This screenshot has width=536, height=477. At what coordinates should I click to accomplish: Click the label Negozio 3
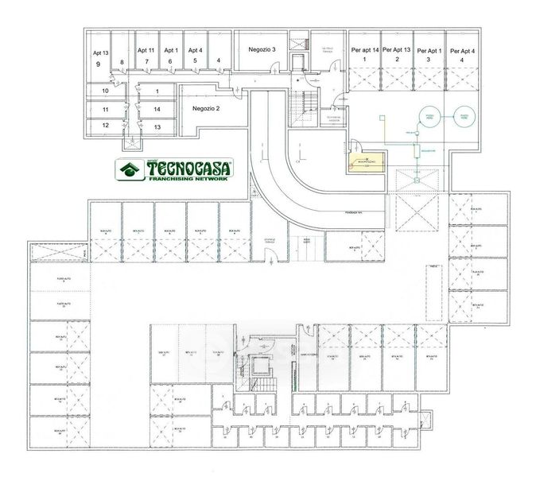[x=262, y=49]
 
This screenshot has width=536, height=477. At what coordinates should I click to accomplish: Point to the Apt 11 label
[x=146, y=50]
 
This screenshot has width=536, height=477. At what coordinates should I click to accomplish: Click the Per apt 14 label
[x=365, y=50]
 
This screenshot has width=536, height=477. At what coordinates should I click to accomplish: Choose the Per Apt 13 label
[x=396, y=50]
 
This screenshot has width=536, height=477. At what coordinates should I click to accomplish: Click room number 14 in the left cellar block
[x=157, y=108]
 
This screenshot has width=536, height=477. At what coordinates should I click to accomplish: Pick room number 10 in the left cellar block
[x=104, y=91]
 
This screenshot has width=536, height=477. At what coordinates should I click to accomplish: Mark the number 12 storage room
[x=104, y=125]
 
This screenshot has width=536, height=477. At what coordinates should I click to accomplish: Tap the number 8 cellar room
[x=122, y=61]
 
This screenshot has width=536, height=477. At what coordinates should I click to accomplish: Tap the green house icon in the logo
[x=127, y=169]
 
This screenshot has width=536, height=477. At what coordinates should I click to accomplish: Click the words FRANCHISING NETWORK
[x=188, y=180]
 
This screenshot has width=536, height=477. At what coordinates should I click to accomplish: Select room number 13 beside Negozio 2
[x=157, y=126]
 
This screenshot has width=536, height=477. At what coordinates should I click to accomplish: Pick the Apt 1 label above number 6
[x=170, y=50]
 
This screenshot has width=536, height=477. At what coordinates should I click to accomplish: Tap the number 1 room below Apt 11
[x=157, y=91]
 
